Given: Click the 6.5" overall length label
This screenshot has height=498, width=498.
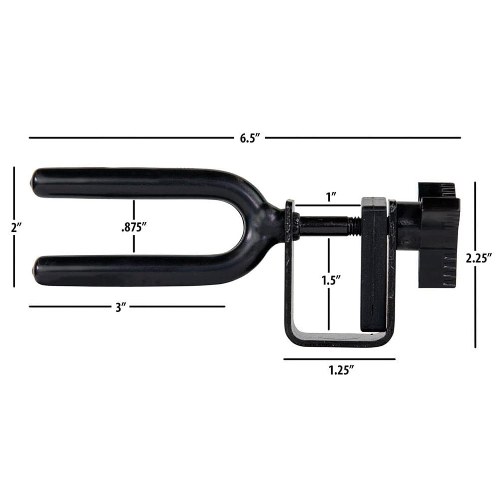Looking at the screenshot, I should pyautogui.click(x=249, y=138).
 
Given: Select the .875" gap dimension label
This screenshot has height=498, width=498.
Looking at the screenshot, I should pyautogui.click(x=134, y=228).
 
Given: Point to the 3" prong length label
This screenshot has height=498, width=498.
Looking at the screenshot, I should pyautogui.click(x=119, y=307).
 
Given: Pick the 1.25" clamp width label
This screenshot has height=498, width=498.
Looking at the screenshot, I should pyautogui.click(x=340, y=370).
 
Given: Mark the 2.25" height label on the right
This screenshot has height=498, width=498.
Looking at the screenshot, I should pyautogui.click(x=478, y=258).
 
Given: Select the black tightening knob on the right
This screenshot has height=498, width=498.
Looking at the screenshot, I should pyautogui.click(x=438, y=236).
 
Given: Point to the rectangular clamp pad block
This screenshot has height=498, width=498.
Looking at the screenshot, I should pyautogui.click(x=374, y=266).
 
